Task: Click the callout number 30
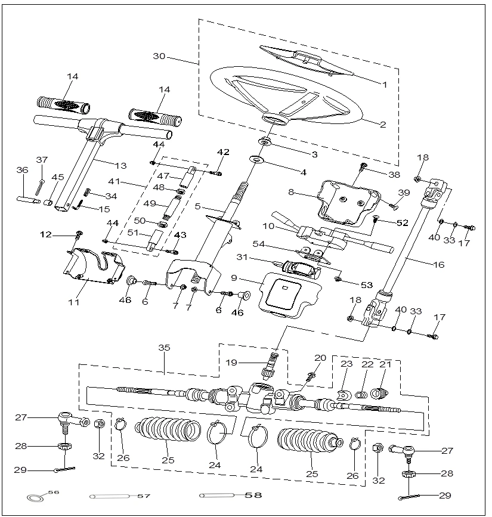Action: pos(159,57)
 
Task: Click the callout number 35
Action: pos(164,347)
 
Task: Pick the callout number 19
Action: pos(231,363)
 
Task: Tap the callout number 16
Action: pos(439,264)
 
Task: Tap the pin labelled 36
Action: pos(28,199)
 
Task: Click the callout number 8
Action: pos(292,193)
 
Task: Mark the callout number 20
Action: pos(320,358)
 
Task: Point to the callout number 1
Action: pos(384,85)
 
